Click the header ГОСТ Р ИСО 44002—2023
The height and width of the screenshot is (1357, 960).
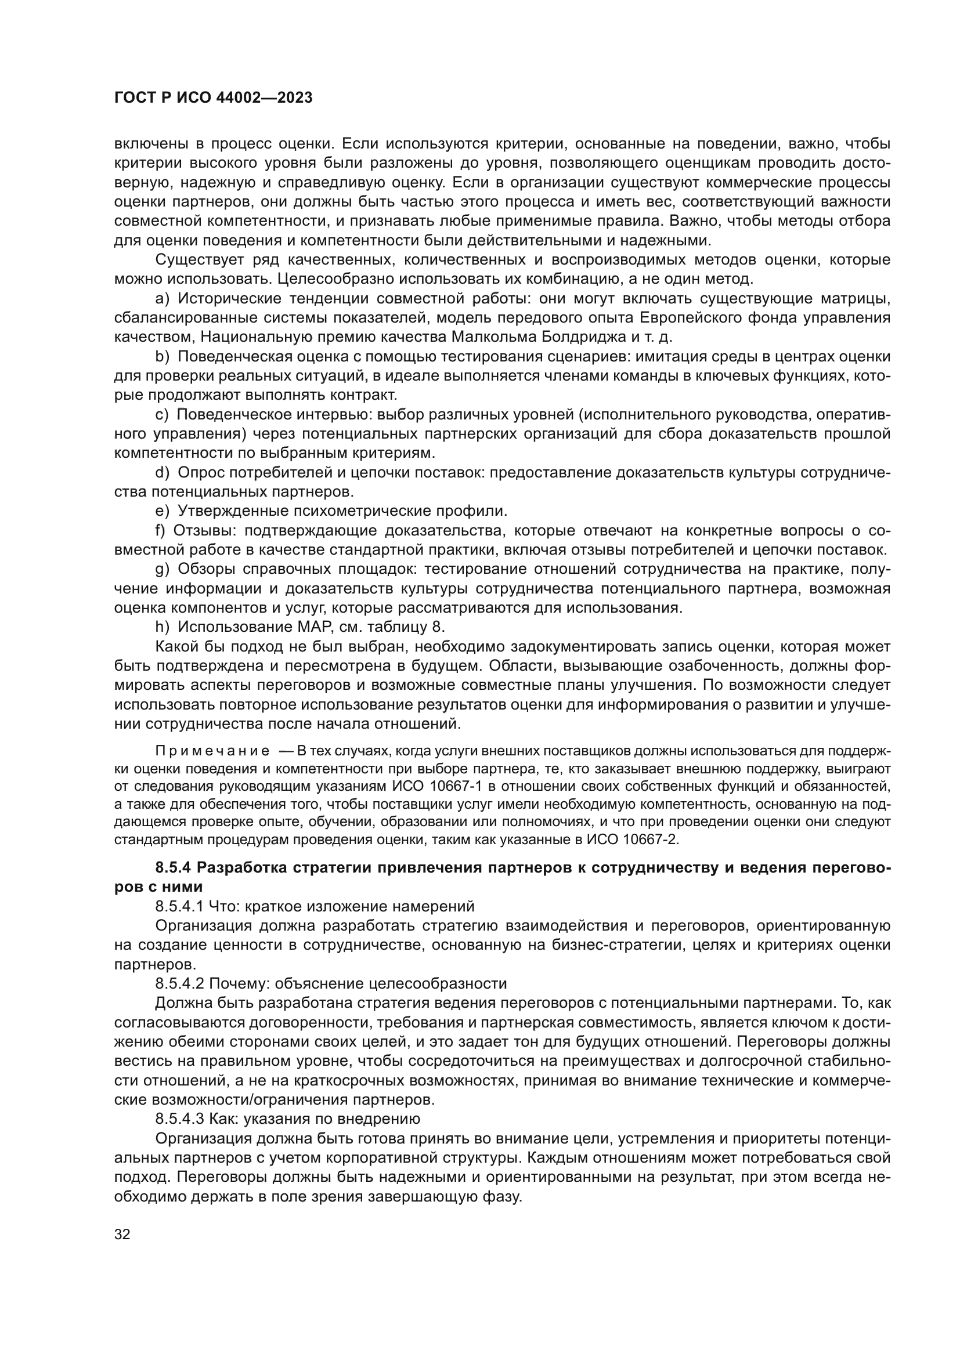[214, 98]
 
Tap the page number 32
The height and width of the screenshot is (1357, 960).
[122, 1234]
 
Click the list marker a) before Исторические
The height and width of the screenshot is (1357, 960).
[162, 298]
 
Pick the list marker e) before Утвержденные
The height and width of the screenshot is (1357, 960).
[162, 511]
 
